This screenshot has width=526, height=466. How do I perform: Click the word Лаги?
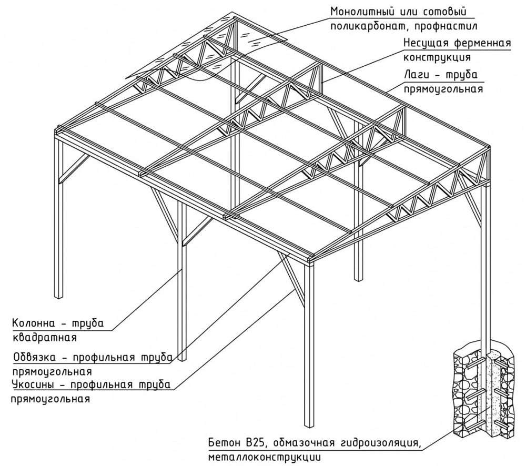click(x=416, y=75)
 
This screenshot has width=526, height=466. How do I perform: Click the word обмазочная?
click(x=302, y=441)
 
